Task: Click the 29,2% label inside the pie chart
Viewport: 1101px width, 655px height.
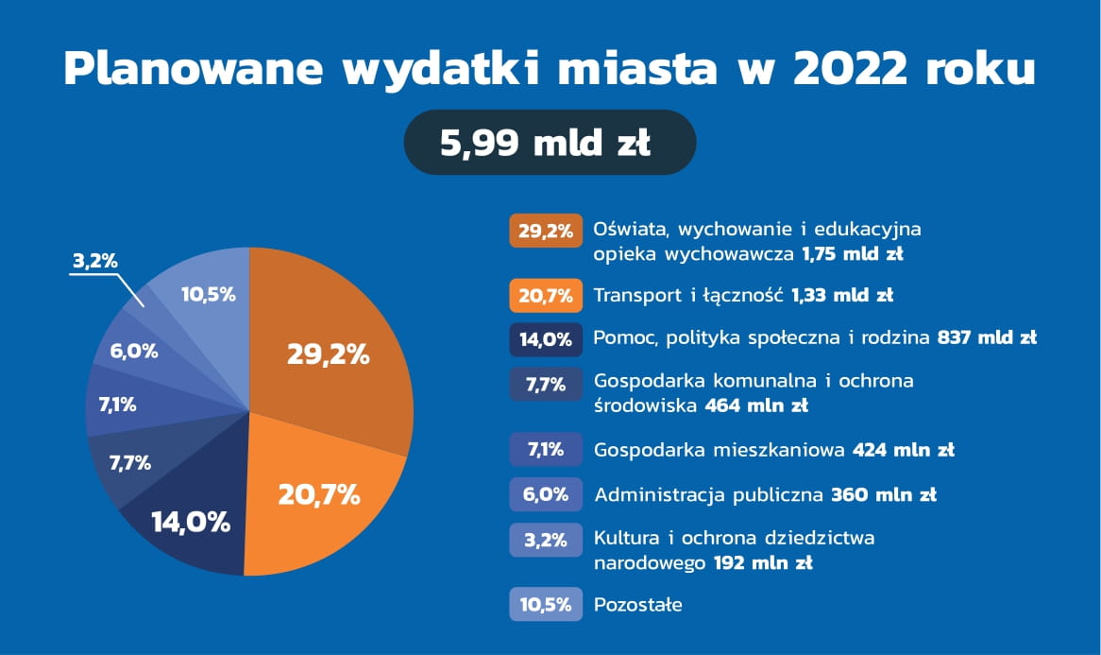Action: pyautogui.click(x=328, y=354)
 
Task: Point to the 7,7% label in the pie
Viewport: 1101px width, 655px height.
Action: pyautogui.click(x=130, y=463)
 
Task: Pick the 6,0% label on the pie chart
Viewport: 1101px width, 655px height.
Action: pyautogui.click(x=134, y=352)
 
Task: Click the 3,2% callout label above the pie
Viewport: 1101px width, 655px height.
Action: pyautogui.click(x=95, y=262)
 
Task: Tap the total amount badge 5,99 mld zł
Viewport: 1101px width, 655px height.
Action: pyautogui.click(x=550, y=142)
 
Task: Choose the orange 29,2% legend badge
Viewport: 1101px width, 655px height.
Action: pyautogui.click(x=546, y=231)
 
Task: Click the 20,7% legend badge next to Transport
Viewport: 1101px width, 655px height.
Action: pyautogui.click(x=546, y=295)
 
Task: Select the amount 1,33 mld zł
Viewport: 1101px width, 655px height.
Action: pyautogui.click(x=842, y=295)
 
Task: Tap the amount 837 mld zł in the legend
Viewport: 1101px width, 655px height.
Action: pyautogui.click(x=988, y=337)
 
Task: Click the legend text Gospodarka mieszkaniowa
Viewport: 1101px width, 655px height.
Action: pyautogui.click(x=720, y=450)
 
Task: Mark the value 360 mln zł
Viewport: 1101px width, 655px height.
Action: pyautogui.click(x=883, y=494)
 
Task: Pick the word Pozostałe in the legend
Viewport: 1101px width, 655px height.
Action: pyautogui.click(x=637, y=604)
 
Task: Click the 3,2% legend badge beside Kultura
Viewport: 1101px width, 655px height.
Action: pyautogui.click(x=546, y=540)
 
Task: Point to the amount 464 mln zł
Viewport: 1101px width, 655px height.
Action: pyautogui.click(x=756, y=405)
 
